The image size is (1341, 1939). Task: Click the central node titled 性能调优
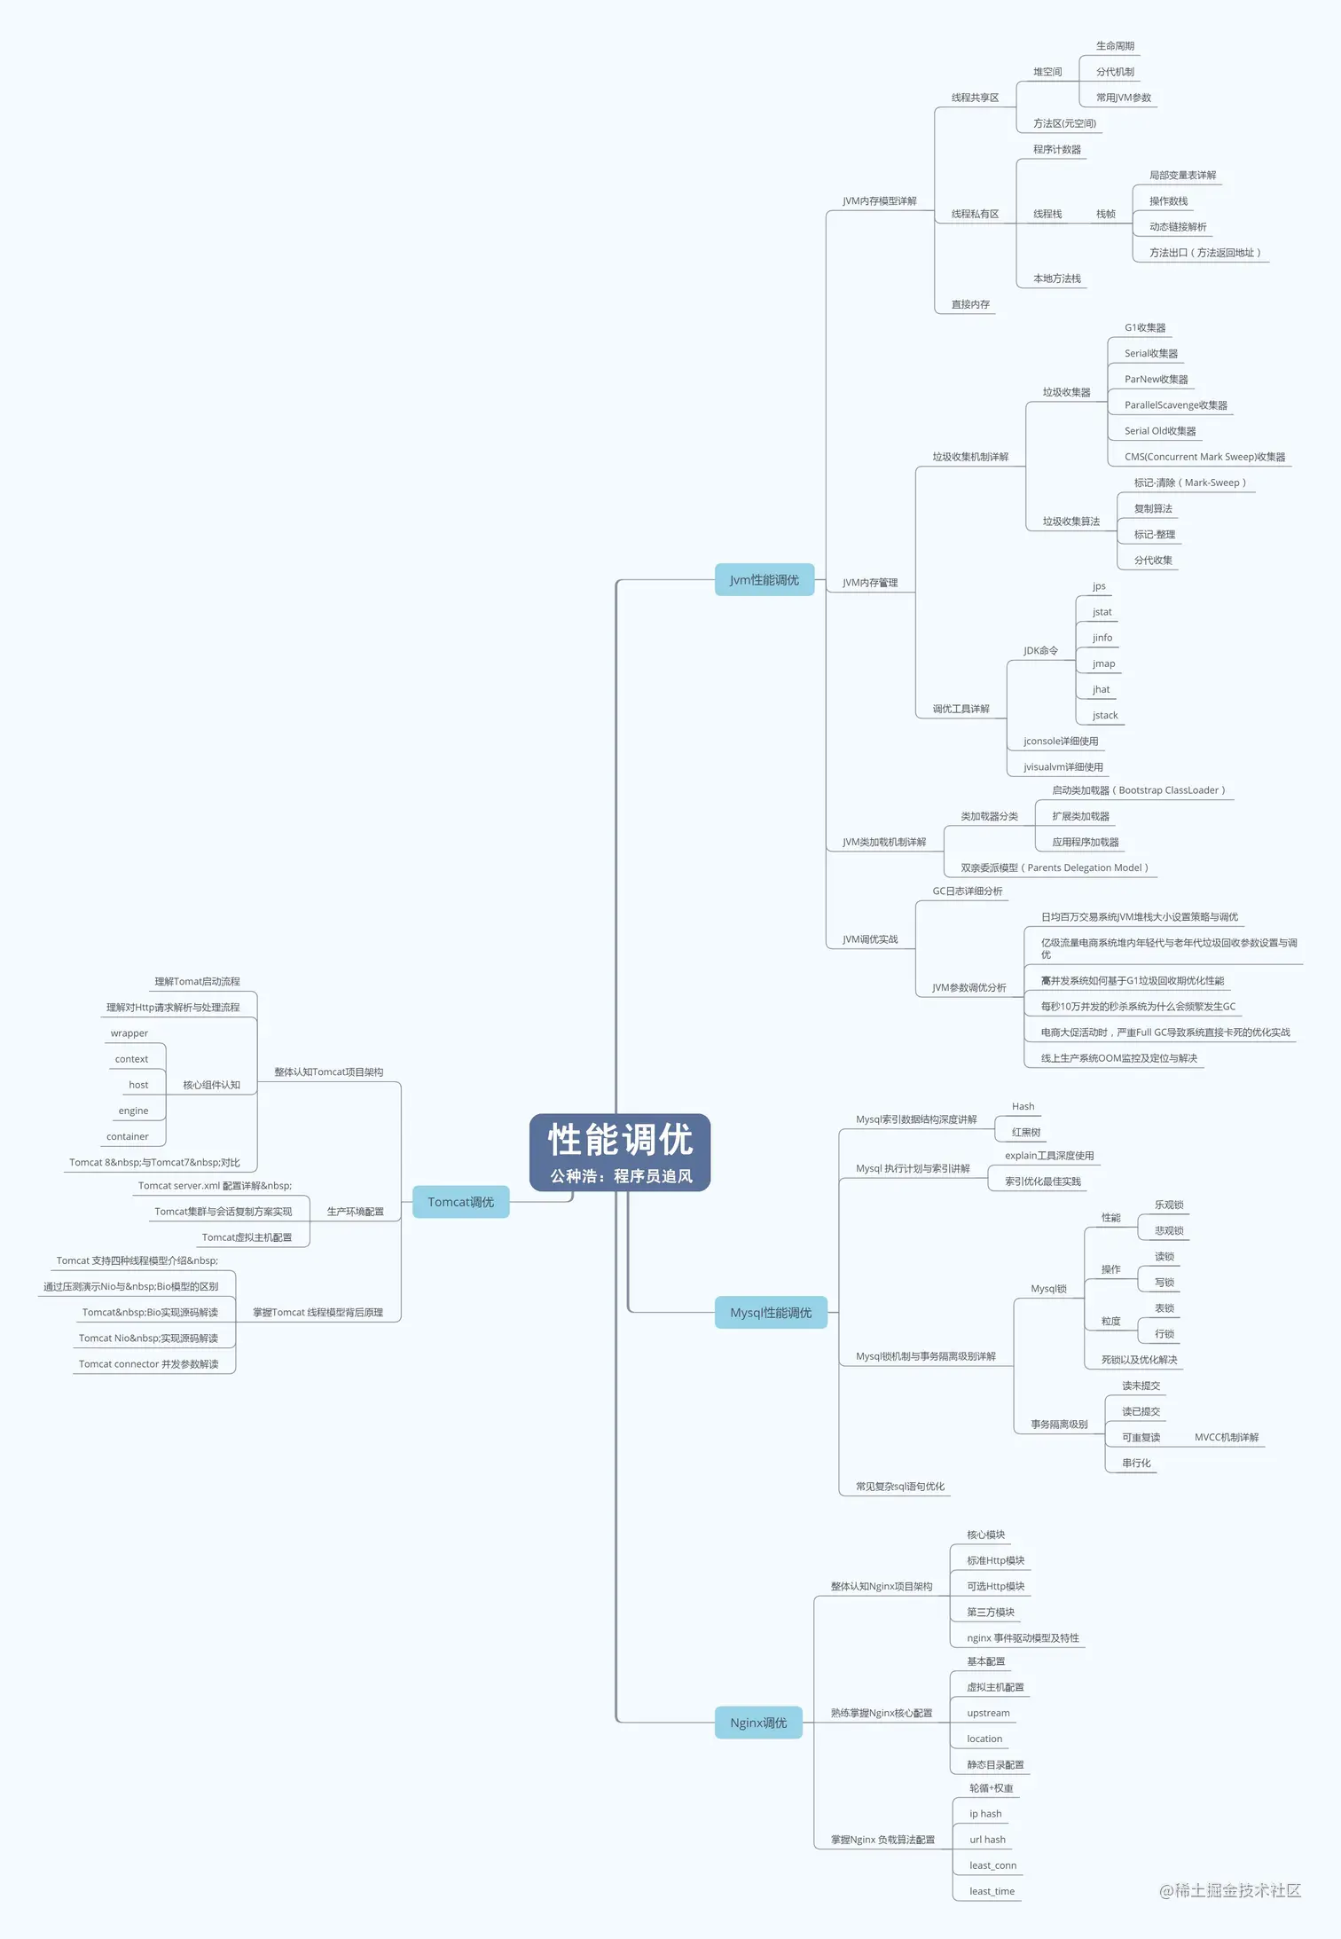point(620,1151)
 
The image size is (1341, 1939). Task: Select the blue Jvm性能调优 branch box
point(764,580)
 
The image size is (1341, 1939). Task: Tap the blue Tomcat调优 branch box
point(460,1202)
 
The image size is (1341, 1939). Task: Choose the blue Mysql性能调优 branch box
point(770,1313)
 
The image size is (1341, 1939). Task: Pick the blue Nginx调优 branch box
point(758,1723)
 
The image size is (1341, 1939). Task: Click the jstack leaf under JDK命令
point(1105,716)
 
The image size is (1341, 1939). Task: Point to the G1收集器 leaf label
point(1145,328)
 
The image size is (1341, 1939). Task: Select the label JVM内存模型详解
point(879,201)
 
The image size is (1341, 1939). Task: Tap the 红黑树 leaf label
point(1026,1133)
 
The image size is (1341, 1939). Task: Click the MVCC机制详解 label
point(1226,1438)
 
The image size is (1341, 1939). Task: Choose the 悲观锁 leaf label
point(1169,1231)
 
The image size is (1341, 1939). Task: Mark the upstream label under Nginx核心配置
point(988,1714)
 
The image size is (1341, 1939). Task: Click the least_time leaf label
point(992,1892)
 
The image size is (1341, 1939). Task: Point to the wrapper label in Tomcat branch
point(129,1033)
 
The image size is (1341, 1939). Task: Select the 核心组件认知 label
point(211,1086)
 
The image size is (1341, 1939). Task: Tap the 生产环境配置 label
point(355,1212)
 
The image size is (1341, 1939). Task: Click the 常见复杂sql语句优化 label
point(899,1487)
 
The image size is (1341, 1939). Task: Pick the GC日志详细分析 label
point(967,891)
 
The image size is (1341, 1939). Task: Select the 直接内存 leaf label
point(970,305)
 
